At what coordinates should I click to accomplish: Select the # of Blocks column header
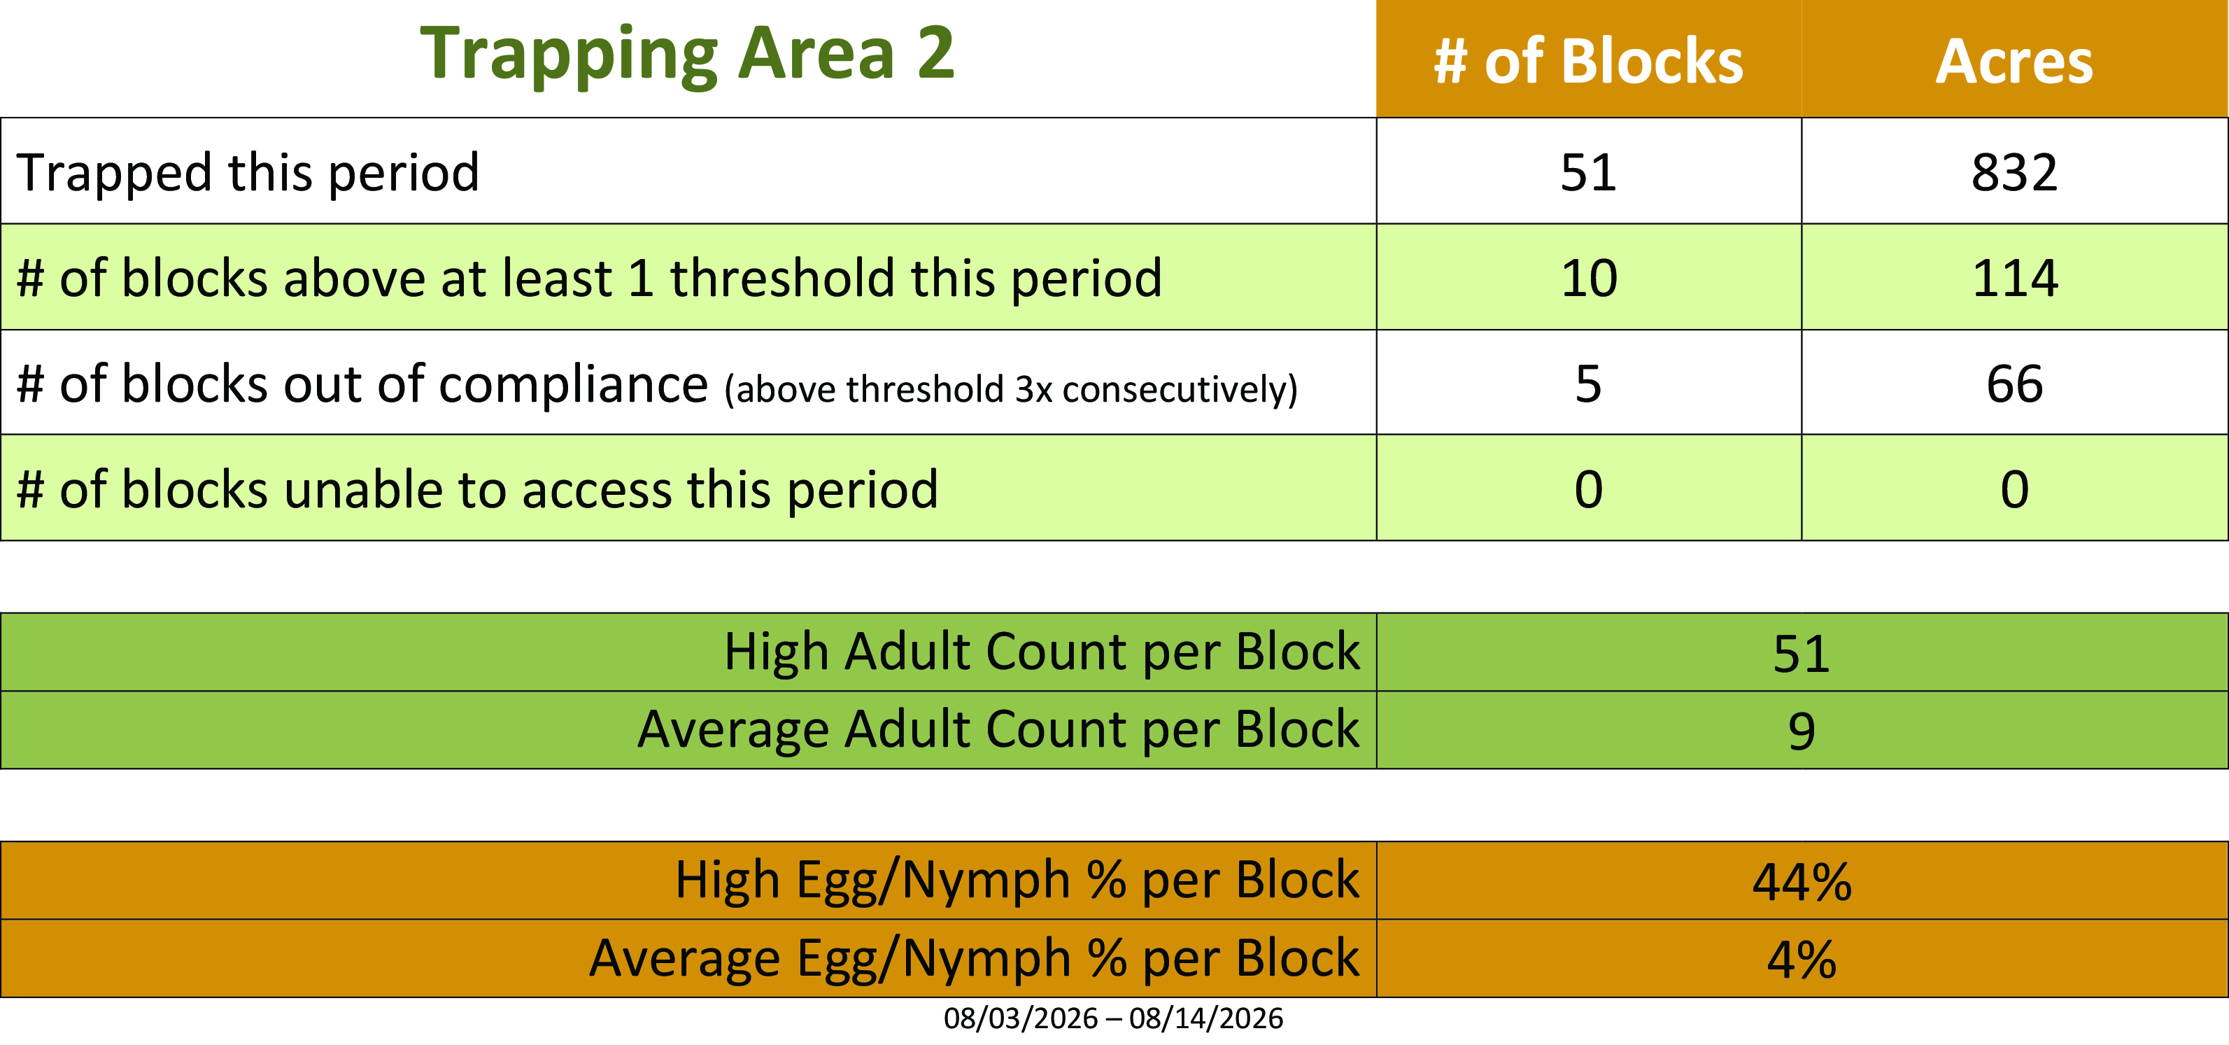pyautogui.click(x=1589, y=62)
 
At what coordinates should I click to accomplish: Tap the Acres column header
pyautogui.click(x=2014, y=62)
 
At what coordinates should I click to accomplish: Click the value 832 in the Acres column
pyautogui.click(x=2014, y=172)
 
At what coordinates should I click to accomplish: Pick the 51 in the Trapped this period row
pyautogui.click(x=1589, y=172)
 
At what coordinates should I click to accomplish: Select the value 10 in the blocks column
pyautogui.click(x=1589, y=278)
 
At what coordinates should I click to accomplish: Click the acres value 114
pyautogui.click(x=2014, y=278)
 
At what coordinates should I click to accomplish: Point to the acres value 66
pyautogui.click(x=2014, y=384)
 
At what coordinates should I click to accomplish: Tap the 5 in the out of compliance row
pyautogui.click(x=1589, y=384)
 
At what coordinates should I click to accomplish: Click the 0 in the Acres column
pyautogui.click(x=2014, y=489)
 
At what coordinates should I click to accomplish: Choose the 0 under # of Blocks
pyautogui.click(x=1589, y=489)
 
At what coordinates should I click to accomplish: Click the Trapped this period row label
pyautogui.click(x=248, y=172)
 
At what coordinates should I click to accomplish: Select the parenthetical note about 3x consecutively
pyautogui.click(x=1011, y=388)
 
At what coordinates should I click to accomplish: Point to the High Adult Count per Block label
pyautogui.click(x=1042, y=651)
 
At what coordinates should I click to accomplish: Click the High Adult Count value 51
pyautogui.click(x=1802, y=654)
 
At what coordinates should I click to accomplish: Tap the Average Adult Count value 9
pyautogui.click(x=1802, y=731)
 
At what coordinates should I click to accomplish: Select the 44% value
pyautogui.click(x=1802, y=882)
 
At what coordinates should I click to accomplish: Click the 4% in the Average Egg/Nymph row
pyautogui.click(x=1802, y=960)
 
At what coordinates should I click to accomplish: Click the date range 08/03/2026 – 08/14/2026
pyautogui.click(x=1114, y=1018)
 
